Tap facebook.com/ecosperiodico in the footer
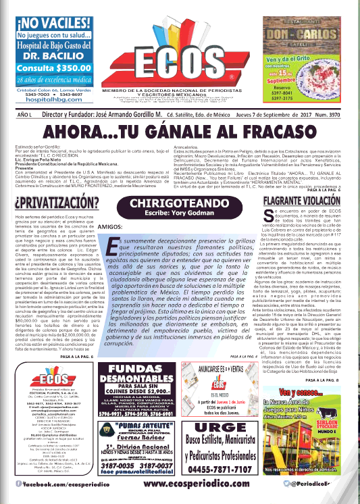coord(45,484)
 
